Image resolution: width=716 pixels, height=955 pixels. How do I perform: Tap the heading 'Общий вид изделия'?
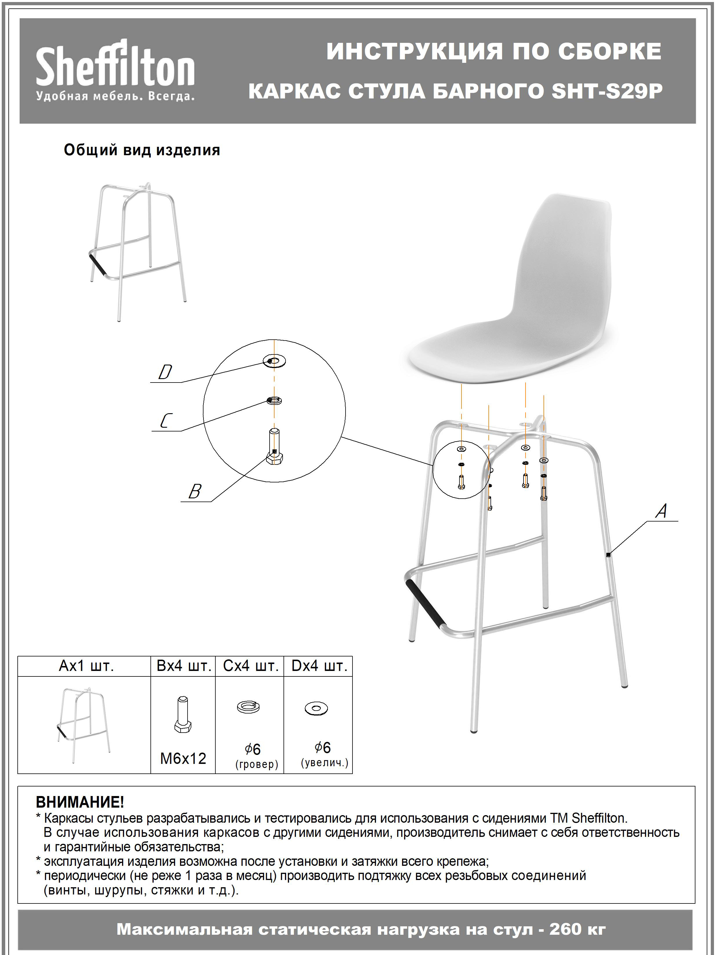(142, 150)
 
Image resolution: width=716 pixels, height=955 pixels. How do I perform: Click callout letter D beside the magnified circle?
(165, 372)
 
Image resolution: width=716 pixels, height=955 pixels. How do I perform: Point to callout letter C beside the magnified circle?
(166, 421)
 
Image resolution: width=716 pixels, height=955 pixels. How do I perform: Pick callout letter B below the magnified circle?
(195, 491)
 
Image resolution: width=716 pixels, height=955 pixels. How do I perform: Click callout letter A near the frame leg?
(661, 512)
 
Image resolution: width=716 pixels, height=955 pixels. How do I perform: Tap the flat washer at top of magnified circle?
(275, 361)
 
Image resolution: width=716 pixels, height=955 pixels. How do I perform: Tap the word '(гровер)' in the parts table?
(257, 764)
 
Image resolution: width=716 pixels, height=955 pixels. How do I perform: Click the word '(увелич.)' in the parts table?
(324, 763)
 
